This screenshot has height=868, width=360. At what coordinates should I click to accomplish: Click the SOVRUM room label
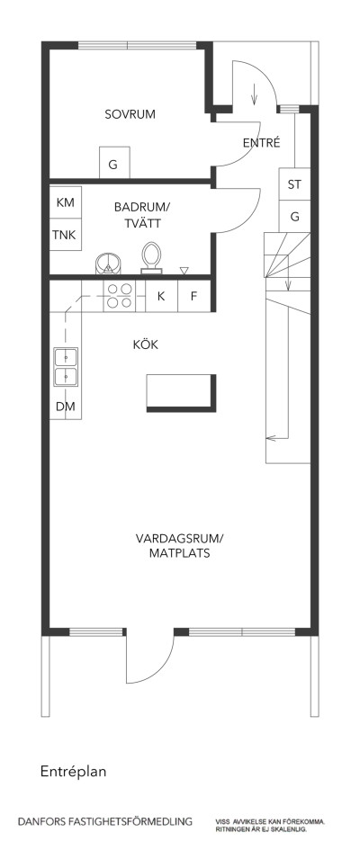coord(130,114)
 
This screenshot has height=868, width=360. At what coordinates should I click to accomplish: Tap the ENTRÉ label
coord(262,143)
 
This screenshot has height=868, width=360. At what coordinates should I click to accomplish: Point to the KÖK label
coord(146,345)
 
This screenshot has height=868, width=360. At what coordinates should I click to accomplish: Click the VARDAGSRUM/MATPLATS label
coord(179,546)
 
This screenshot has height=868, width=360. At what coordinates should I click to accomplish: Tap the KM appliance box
coord(65,203)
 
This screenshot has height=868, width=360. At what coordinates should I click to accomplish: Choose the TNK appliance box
coord(65,236)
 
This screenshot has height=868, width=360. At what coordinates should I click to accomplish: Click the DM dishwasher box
coord(65,407)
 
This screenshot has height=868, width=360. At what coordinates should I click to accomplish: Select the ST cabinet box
coord(293,184)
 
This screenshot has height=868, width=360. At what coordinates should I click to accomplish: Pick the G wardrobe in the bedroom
coord(113,164)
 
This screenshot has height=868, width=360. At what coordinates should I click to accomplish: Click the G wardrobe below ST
coord(293,217)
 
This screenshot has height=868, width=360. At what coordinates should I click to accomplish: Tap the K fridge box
coord(161,295)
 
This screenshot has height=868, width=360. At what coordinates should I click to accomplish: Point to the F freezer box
coord(193,295)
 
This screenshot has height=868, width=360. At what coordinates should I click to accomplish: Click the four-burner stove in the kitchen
coord(121,295)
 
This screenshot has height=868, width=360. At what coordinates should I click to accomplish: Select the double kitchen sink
coord(66,367)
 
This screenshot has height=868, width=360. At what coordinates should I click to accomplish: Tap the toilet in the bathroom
coord(151,256)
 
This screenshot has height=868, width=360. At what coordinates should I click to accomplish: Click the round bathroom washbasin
coord(109,262)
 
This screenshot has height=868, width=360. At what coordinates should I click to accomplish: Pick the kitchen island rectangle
coord(181,391)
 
